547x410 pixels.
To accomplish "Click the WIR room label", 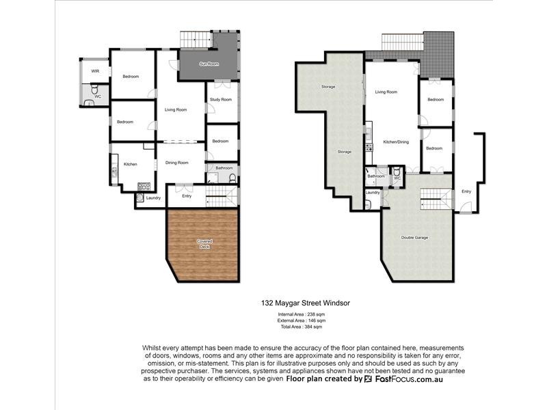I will point(86,70).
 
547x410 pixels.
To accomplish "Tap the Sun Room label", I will point(209,64).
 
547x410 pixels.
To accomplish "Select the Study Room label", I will point(222,100).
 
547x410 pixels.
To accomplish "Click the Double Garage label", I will point(414,238).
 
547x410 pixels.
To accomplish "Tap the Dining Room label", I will point(176,163).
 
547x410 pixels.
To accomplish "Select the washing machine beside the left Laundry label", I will point(139,199).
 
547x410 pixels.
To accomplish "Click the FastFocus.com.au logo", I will point(403,379).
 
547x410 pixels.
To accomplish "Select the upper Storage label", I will point(328,87).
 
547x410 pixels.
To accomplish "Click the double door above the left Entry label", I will point(186,184).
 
